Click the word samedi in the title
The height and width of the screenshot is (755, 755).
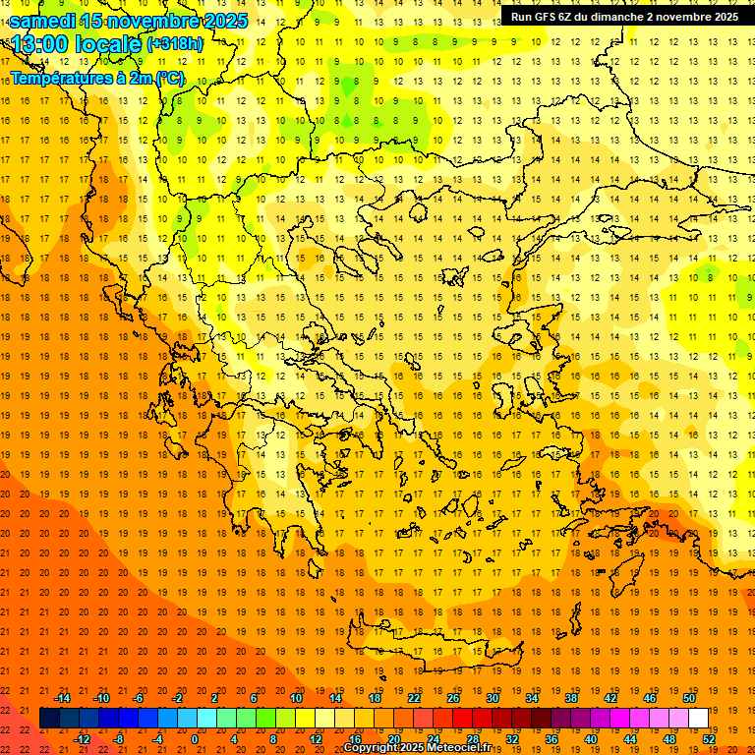point(43,21)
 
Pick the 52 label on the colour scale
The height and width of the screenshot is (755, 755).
point(710,739)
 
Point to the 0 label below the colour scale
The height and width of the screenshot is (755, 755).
point(195,739)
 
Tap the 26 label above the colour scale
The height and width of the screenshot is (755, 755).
point(453,698)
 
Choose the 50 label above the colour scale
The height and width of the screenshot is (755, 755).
point(689,698)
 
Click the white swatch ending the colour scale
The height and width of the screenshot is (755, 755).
point(699,719)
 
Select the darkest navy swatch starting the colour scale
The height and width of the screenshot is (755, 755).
point(49,719)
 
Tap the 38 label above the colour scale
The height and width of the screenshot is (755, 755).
point(571,698)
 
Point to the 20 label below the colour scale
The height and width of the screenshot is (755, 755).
point(393,739)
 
